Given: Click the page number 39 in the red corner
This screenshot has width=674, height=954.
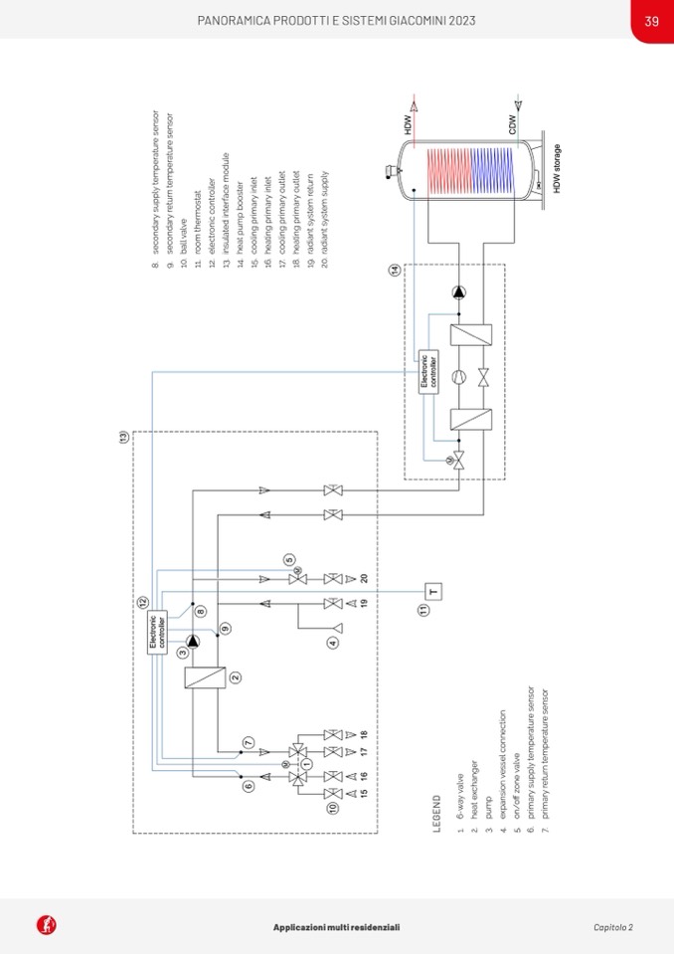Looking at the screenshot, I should click(x=651, y=21).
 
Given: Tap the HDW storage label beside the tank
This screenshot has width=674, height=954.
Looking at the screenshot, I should click(x=558, y=169).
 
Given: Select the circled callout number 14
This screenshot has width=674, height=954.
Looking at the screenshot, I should click(x=395, y=270).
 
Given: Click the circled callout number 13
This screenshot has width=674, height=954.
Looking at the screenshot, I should click(x=123, y=437).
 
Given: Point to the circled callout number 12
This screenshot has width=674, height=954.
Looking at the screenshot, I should click(x=143, y=601).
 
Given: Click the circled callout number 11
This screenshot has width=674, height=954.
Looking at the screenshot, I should click(x=422, y=609).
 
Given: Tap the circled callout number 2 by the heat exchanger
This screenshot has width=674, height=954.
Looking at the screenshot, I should click(x=236, y=677).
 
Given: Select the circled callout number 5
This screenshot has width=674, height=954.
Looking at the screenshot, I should click(x=288, y=559).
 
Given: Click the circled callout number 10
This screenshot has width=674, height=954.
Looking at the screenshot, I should click(x=332, y=809).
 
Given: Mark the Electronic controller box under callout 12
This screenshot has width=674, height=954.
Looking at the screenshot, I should click(x=159, y=635).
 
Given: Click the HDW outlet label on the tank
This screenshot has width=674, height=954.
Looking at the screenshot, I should click(x=408, y=125).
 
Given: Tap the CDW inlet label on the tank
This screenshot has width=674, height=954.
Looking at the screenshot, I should click(x=512, y=125).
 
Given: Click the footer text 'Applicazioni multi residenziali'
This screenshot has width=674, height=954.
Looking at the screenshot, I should click(x=337, y=927).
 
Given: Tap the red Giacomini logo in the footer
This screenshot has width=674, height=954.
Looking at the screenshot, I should click(x=46, y=925).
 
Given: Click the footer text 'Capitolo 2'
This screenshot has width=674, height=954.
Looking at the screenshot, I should click(x=613, y=927).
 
